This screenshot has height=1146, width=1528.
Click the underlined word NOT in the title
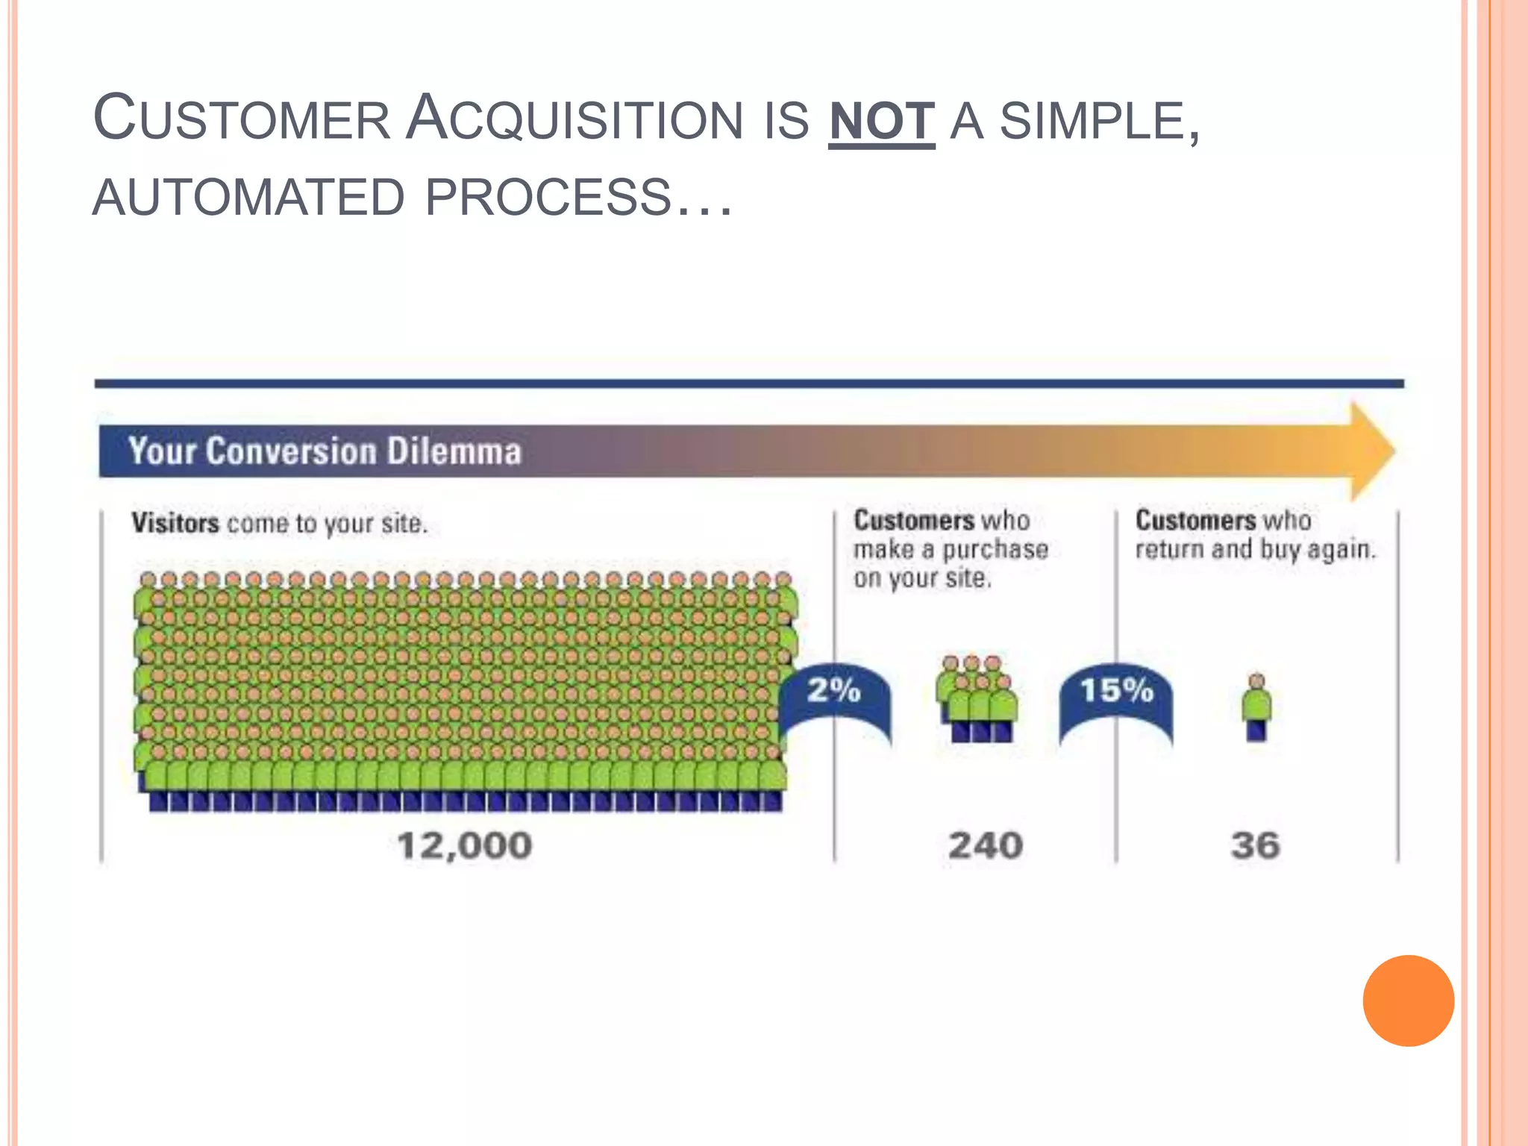point(881,122)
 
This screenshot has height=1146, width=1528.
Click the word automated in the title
point(248,198)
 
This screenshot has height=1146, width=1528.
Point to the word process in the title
point(548,198)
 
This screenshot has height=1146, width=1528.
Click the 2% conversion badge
point(834,691)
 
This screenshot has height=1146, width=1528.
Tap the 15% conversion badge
point(1116,691)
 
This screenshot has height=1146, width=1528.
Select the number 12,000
point(465,846)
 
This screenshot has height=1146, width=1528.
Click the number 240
point(985,846)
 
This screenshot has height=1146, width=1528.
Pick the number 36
point(1256,846)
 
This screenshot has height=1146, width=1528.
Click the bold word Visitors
point(175,523)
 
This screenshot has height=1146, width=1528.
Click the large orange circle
point(1408,1001)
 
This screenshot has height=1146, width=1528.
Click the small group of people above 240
point(976,700)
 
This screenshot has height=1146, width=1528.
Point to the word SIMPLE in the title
point(1095,122)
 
